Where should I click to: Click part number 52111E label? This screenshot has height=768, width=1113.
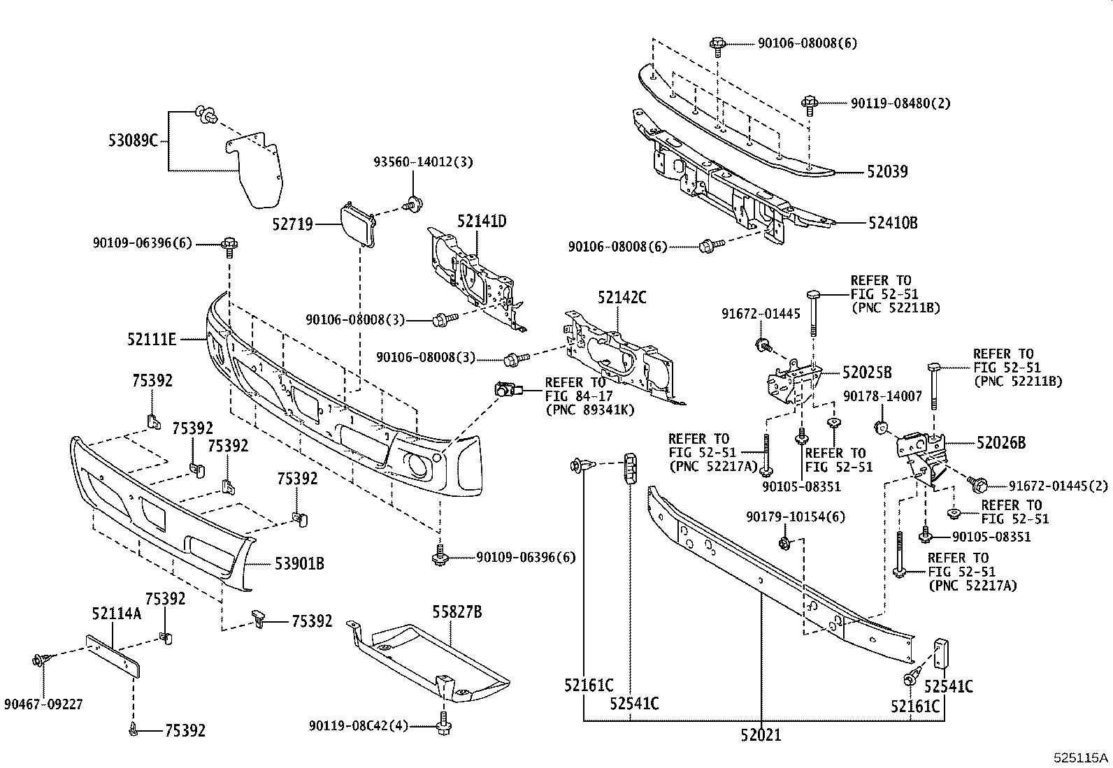(151, 340)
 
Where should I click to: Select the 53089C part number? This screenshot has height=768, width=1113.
(133, 140)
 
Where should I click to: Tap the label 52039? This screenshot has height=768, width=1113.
(887, 172)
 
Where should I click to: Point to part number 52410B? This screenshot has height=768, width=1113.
(893, 223)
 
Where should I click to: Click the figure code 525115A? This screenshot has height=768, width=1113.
(1082, 758)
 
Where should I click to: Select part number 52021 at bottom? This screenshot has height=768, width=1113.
(761, 734)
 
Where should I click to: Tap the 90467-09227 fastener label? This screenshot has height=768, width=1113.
(43, 704)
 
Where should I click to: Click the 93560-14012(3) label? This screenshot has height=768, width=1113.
(422, 162)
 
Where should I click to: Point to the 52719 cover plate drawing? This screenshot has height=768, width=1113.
(357, 224)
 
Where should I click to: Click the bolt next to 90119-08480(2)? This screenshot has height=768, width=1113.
(810, 105)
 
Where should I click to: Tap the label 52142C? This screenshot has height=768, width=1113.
(622, 297)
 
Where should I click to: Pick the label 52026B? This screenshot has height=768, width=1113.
(1001, 442)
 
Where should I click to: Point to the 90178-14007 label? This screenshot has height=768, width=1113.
(882, 396)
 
